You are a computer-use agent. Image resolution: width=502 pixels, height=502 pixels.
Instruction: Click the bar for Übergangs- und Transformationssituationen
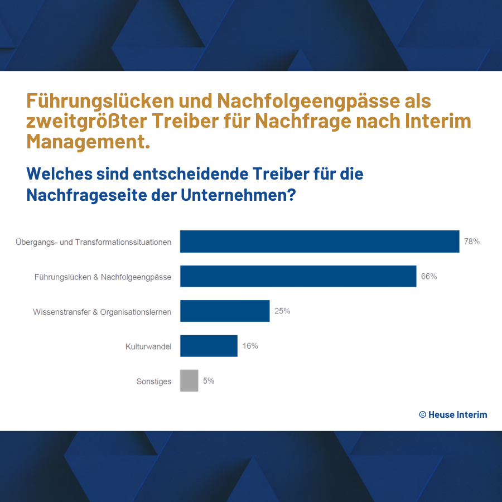point(319,242)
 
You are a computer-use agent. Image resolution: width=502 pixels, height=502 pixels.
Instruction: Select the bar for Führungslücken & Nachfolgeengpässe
point(298,276)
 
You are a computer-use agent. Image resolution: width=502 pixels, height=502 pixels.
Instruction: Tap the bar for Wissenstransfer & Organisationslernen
point(225,311)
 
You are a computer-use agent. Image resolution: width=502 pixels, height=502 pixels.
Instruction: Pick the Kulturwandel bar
point(209,346)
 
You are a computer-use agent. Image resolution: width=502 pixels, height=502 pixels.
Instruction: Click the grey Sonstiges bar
point(189,380)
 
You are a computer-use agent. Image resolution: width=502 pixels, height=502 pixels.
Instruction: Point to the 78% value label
point(472,242)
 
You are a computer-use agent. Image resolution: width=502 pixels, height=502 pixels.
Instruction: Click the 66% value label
point(429,276)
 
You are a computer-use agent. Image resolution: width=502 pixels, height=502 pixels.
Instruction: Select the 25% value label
point(282,311)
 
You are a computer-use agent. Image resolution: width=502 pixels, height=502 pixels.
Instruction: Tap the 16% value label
point(250,346)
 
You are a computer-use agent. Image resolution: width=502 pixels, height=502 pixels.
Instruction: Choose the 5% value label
point(209,380)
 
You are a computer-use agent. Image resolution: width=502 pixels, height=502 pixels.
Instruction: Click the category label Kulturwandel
point(148,346)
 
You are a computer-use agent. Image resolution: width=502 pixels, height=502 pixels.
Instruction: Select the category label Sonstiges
point(154,382)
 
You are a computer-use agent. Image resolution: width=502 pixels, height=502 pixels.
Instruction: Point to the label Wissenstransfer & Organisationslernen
point(102,312)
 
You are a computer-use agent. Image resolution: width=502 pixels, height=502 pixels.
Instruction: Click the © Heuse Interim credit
point(453,414)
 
